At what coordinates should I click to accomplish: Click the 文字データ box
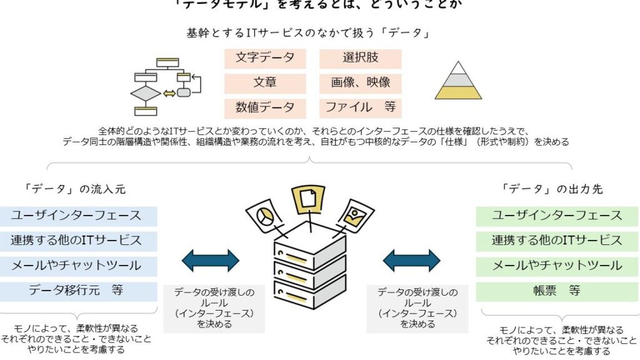(265, 58)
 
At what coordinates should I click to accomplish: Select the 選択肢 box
(360, 58)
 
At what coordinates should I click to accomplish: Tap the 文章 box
(265, 83)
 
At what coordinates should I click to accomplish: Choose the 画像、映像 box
(360, 83)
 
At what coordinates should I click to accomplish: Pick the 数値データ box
(265, 107)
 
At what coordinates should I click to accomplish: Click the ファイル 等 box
(360, 107)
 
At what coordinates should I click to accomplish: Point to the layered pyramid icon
(459, 81)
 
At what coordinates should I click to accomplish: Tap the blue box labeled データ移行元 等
(78, 291)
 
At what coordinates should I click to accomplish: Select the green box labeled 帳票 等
(556, 291)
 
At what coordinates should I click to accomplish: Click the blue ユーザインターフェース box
(78, 216)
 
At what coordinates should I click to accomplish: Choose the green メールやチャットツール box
(556, 266)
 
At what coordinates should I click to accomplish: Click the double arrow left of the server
(211, 260)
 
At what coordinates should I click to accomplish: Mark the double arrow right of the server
(411, 260)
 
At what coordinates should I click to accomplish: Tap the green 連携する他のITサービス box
(556, 241)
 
